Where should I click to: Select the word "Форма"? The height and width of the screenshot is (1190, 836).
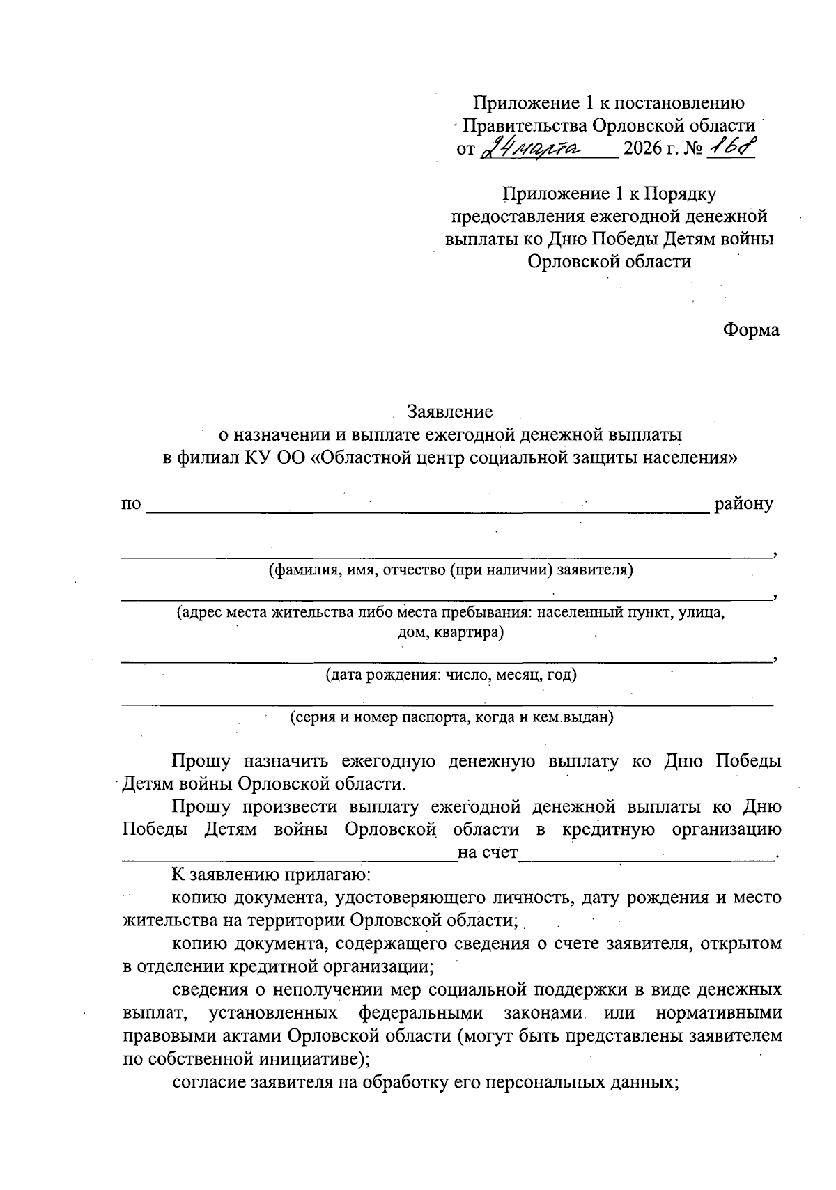point(751,329)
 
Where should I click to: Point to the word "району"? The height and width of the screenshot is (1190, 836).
point(743,503)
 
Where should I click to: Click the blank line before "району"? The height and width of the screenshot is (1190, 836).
point(426,510)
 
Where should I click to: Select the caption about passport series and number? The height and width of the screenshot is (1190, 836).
point(451,717)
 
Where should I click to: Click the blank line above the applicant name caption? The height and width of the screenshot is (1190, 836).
point(446,556)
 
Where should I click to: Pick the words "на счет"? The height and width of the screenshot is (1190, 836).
point(488,852)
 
